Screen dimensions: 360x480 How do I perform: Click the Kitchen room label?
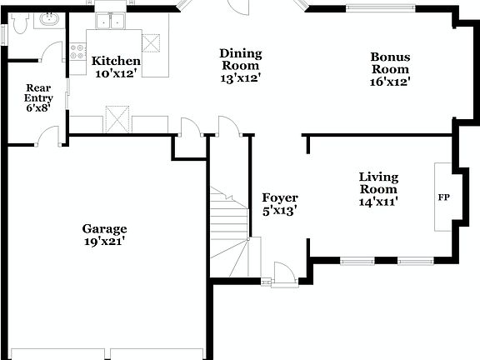pos(116,62)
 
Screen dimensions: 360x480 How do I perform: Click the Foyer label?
pos(280,197)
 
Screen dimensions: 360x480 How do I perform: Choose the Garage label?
pos(104,228)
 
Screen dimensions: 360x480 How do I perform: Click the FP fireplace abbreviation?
pos(443,198)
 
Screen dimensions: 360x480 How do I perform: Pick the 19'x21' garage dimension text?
pos(104,242)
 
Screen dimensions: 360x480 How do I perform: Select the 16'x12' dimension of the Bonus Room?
pos(391,82)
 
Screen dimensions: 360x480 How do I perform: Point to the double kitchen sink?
pos(109,21)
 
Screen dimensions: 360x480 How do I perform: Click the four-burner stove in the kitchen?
pos(78,52)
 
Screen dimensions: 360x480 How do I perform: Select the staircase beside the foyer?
pos(229,229)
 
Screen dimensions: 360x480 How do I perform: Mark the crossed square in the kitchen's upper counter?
pos(151,43)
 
